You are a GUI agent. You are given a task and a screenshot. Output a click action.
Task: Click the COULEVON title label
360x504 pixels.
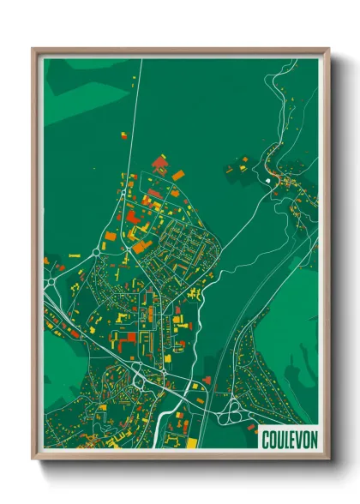(288, 436)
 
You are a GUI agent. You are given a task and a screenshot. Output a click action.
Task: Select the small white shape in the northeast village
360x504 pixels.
(271, 181)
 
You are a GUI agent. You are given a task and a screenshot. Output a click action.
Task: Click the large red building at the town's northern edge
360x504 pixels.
(159, 161)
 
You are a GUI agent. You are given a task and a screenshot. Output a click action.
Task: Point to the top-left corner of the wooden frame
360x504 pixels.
(33, 49)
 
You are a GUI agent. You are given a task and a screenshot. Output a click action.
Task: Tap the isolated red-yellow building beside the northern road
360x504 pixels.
(121, 135)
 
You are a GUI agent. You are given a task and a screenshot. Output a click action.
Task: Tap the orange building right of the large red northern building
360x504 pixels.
(178, 175)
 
